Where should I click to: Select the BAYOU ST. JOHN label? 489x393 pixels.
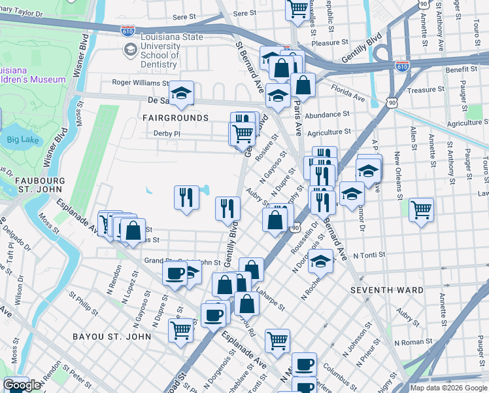114,337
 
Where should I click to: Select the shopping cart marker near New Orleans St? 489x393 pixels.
422,211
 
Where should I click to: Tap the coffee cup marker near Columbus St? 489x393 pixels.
303,364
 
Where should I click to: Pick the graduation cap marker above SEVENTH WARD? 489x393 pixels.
320,261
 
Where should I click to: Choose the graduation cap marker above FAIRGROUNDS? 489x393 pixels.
182,92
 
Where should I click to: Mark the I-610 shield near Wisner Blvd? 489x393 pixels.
128,31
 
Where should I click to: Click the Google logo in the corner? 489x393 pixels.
22,385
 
